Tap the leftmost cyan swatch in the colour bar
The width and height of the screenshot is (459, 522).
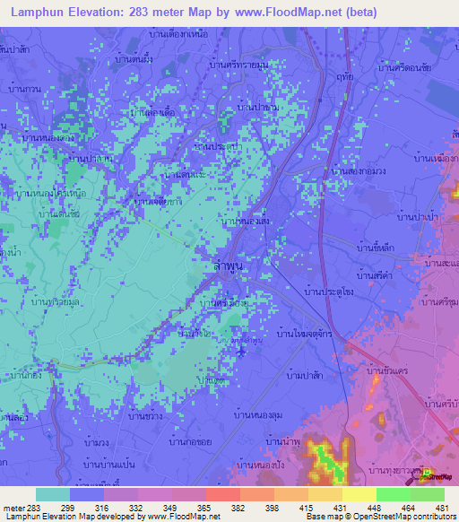coord(53,494)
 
